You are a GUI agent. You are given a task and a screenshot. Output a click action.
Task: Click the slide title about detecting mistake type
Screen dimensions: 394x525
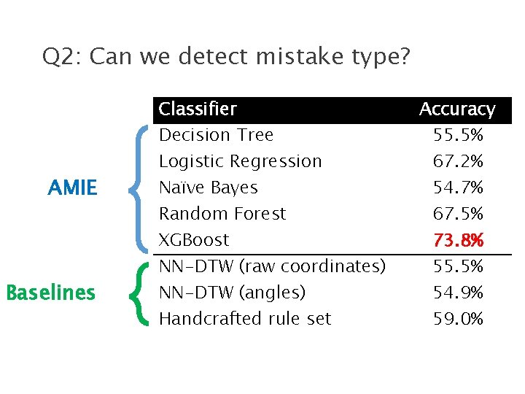pos(226,56)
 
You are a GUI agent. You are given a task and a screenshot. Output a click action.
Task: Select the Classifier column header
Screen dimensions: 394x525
pos(198,109)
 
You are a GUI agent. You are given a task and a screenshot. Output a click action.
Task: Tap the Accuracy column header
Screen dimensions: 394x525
pos(457,109)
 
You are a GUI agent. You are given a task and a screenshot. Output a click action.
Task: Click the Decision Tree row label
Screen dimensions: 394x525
pos(216,135)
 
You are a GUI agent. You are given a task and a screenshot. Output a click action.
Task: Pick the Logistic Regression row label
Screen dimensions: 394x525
pos(240,161)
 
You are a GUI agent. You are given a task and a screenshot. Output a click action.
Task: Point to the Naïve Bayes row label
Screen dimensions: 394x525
pos(209,188)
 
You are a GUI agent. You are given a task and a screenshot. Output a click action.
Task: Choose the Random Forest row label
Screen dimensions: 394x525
pos(222,214)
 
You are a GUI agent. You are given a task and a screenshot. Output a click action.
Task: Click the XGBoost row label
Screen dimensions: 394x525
pos(194,240)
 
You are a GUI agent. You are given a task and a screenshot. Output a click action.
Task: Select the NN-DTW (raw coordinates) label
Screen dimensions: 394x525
pos(272,266)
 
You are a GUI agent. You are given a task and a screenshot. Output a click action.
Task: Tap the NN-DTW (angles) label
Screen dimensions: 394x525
pos(232,293)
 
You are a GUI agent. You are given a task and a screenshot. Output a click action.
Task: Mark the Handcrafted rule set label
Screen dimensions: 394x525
pos(245,319)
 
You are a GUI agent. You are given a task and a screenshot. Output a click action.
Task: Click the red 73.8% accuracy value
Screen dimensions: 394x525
pos(459,240)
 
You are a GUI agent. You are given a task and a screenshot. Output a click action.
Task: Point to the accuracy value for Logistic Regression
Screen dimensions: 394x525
pos(459,161)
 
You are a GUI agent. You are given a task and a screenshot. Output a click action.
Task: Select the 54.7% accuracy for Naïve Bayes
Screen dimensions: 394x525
pos(459,188)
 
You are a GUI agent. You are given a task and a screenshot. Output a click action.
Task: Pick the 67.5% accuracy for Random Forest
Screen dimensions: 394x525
pos(459,214)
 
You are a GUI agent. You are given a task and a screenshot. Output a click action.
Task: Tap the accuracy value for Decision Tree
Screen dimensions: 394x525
pos(459,135)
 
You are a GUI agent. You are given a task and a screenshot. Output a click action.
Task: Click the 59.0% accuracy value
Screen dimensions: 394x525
pos(459,319)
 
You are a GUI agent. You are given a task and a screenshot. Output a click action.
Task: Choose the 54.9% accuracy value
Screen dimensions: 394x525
pos(459,293)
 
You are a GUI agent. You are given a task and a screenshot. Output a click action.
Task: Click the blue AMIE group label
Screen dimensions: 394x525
pos(72,188)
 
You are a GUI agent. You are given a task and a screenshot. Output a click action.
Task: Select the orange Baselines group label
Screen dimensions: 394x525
pos(51,293)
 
